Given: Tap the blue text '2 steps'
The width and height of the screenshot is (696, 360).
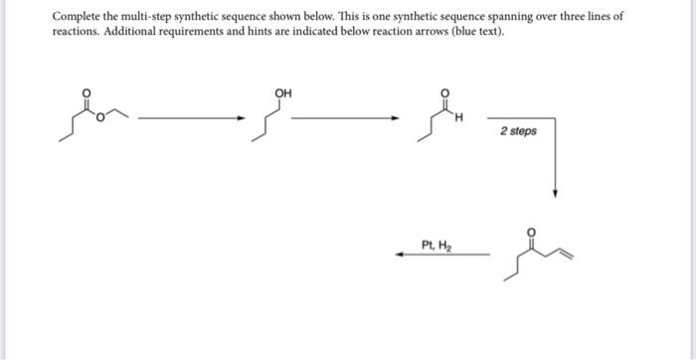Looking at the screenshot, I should tap(518, 130).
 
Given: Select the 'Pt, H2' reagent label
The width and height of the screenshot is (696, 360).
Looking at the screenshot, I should tap(435, 244).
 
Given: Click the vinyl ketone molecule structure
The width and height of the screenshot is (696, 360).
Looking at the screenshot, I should tap(542, 254).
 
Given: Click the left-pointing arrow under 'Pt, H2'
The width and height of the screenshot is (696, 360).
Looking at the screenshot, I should tap(442, 256).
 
